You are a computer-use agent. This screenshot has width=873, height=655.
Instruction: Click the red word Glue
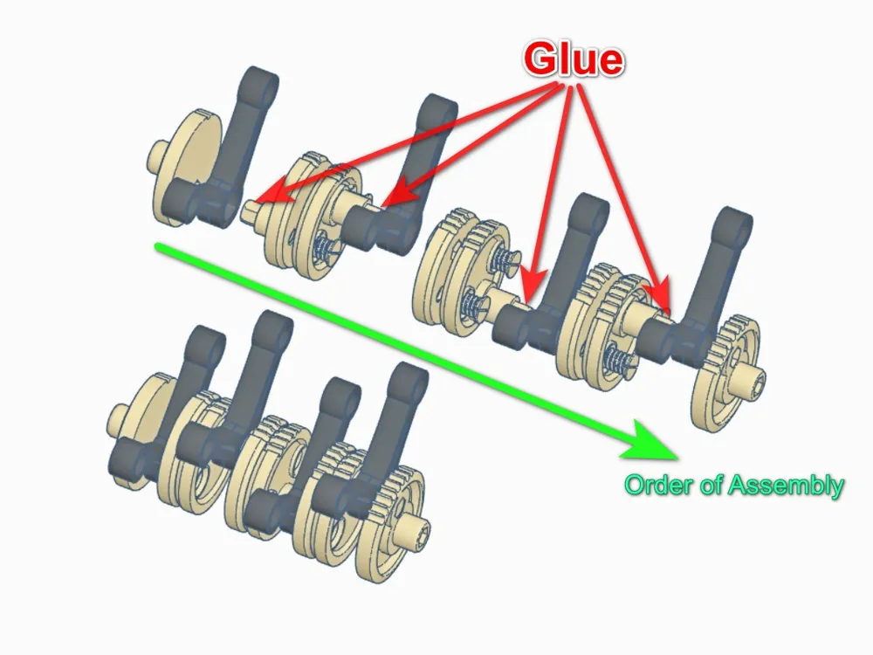[x=573, y=58]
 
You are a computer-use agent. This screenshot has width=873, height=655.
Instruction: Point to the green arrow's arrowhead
[x=652, y=443]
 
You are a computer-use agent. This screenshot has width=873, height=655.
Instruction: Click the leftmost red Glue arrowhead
[x=272, y=192]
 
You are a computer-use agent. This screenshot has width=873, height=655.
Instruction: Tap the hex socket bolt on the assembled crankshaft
[x=416, y=527]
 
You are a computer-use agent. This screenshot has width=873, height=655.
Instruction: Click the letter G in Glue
[x=542, y=59]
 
